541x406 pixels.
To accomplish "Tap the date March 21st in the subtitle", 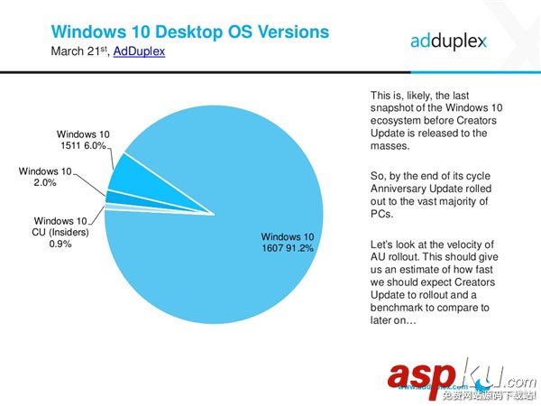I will [78, 52].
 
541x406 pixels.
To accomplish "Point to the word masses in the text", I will [390, 146].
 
